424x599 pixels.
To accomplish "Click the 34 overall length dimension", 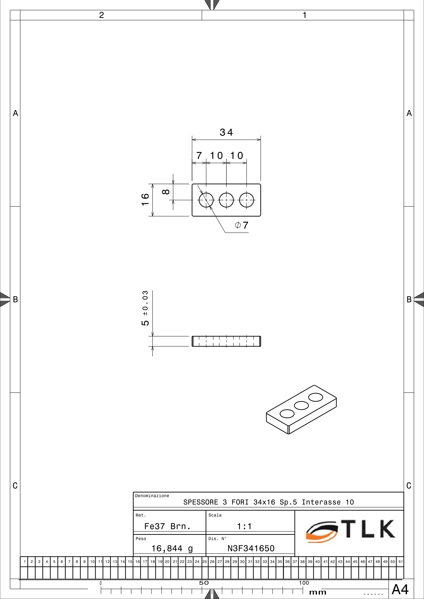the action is pos(226,132).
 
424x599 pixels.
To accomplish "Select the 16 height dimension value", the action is pos(145,199).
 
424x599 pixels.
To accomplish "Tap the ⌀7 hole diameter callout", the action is pos(242,225).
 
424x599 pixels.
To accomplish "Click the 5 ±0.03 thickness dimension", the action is pos(145,308).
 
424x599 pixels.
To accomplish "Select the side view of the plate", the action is pos(226,341).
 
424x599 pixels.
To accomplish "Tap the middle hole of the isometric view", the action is pos(301,405).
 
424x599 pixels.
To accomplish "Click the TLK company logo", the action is pos(351,531).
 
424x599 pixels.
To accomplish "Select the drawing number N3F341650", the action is pos(251,548).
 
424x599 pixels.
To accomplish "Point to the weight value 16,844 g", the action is pos(172,549).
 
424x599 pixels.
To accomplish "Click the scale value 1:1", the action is pos(244,526).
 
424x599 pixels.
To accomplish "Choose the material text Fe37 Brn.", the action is pos(167,526).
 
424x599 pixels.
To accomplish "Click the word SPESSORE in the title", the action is pos(201,502).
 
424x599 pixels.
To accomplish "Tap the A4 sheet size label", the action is pos(400,589).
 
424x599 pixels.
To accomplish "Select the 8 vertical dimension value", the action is pos(166,192).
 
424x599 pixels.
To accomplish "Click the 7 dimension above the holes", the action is pos(199,156).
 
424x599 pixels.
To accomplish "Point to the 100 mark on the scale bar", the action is pos(304,583).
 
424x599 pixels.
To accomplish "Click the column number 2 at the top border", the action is pos(101,15).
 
